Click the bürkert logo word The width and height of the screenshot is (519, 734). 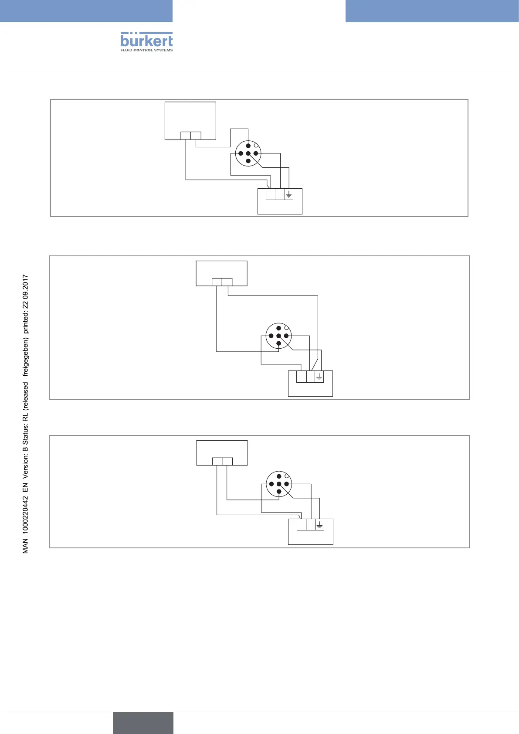(146, 41)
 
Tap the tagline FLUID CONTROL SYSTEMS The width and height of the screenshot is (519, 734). (146, 50)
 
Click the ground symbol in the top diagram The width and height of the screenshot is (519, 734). (288, 194)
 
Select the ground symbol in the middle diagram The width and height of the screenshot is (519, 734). (319, 377)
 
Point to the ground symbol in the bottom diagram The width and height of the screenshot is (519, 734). (319, 525)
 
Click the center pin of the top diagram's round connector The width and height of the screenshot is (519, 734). (248, 153)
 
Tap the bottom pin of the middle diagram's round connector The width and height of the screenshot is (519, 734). (278, 343)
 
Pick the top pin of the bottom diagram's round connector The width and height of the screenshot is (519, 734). (279, 476)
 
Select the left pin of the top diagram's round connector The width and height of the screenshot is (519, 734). (241, 153)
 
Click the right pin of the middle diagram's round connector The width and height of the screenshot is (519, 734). (286, 336)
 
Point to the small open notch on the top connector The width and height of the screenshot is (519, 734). (256, 146)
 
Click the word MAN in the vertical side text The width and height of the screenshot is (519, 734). (25, 547)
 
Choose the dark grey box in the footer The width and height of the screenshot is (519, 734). (143, 723)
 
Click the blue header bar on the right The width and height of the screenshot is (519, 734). (432, 11)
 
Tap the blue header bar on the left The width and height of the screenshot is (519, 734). (86, 11)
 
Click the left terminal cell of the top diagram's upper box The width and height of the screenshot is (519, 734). (186, 136)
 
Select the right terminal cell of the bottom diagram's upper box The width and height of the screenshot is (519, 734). (227, 462)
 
